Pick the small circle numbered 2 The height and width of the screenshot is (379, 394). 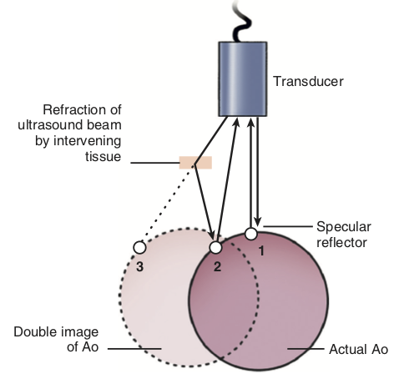click(215, 247)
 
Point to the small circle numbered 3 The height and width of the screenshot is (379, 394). click(139, 247)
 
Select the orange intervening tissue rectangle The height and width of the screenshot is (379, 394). click(195, 162)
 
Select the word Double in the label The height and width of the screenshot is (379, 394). click(35, 332)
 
